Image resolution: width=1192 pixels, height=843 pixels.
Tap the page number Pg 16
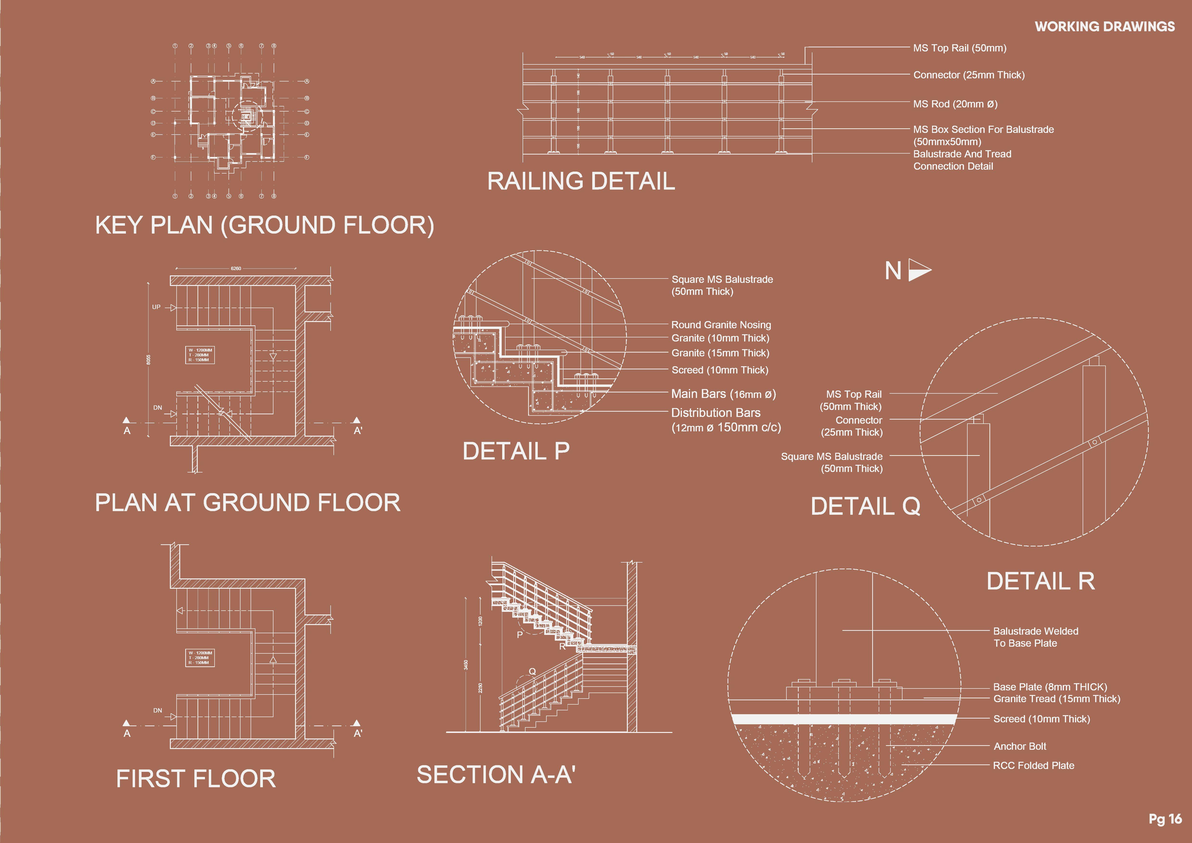tap(1165, 819)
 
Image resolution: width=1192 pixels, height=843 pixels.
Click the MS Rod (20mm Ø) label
tap(955, 104)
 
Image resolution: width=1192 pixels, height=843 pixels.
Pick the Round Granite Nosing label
tap(721, 325)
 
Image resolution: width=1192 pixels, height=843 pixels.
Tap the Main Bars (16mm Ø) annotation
tap(723, 394)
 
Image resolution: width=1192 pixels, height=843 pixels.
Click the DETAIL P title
tap(516, 451)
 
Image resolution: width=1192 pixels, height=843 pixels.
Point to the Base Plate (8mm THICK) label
tap(1050, 687)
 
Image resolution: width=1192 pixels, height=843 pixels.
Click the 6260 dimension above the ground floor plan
tap(236, 268)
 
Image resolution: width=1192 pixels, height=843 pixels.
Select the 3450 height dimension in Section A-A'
tap(466, 665)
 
